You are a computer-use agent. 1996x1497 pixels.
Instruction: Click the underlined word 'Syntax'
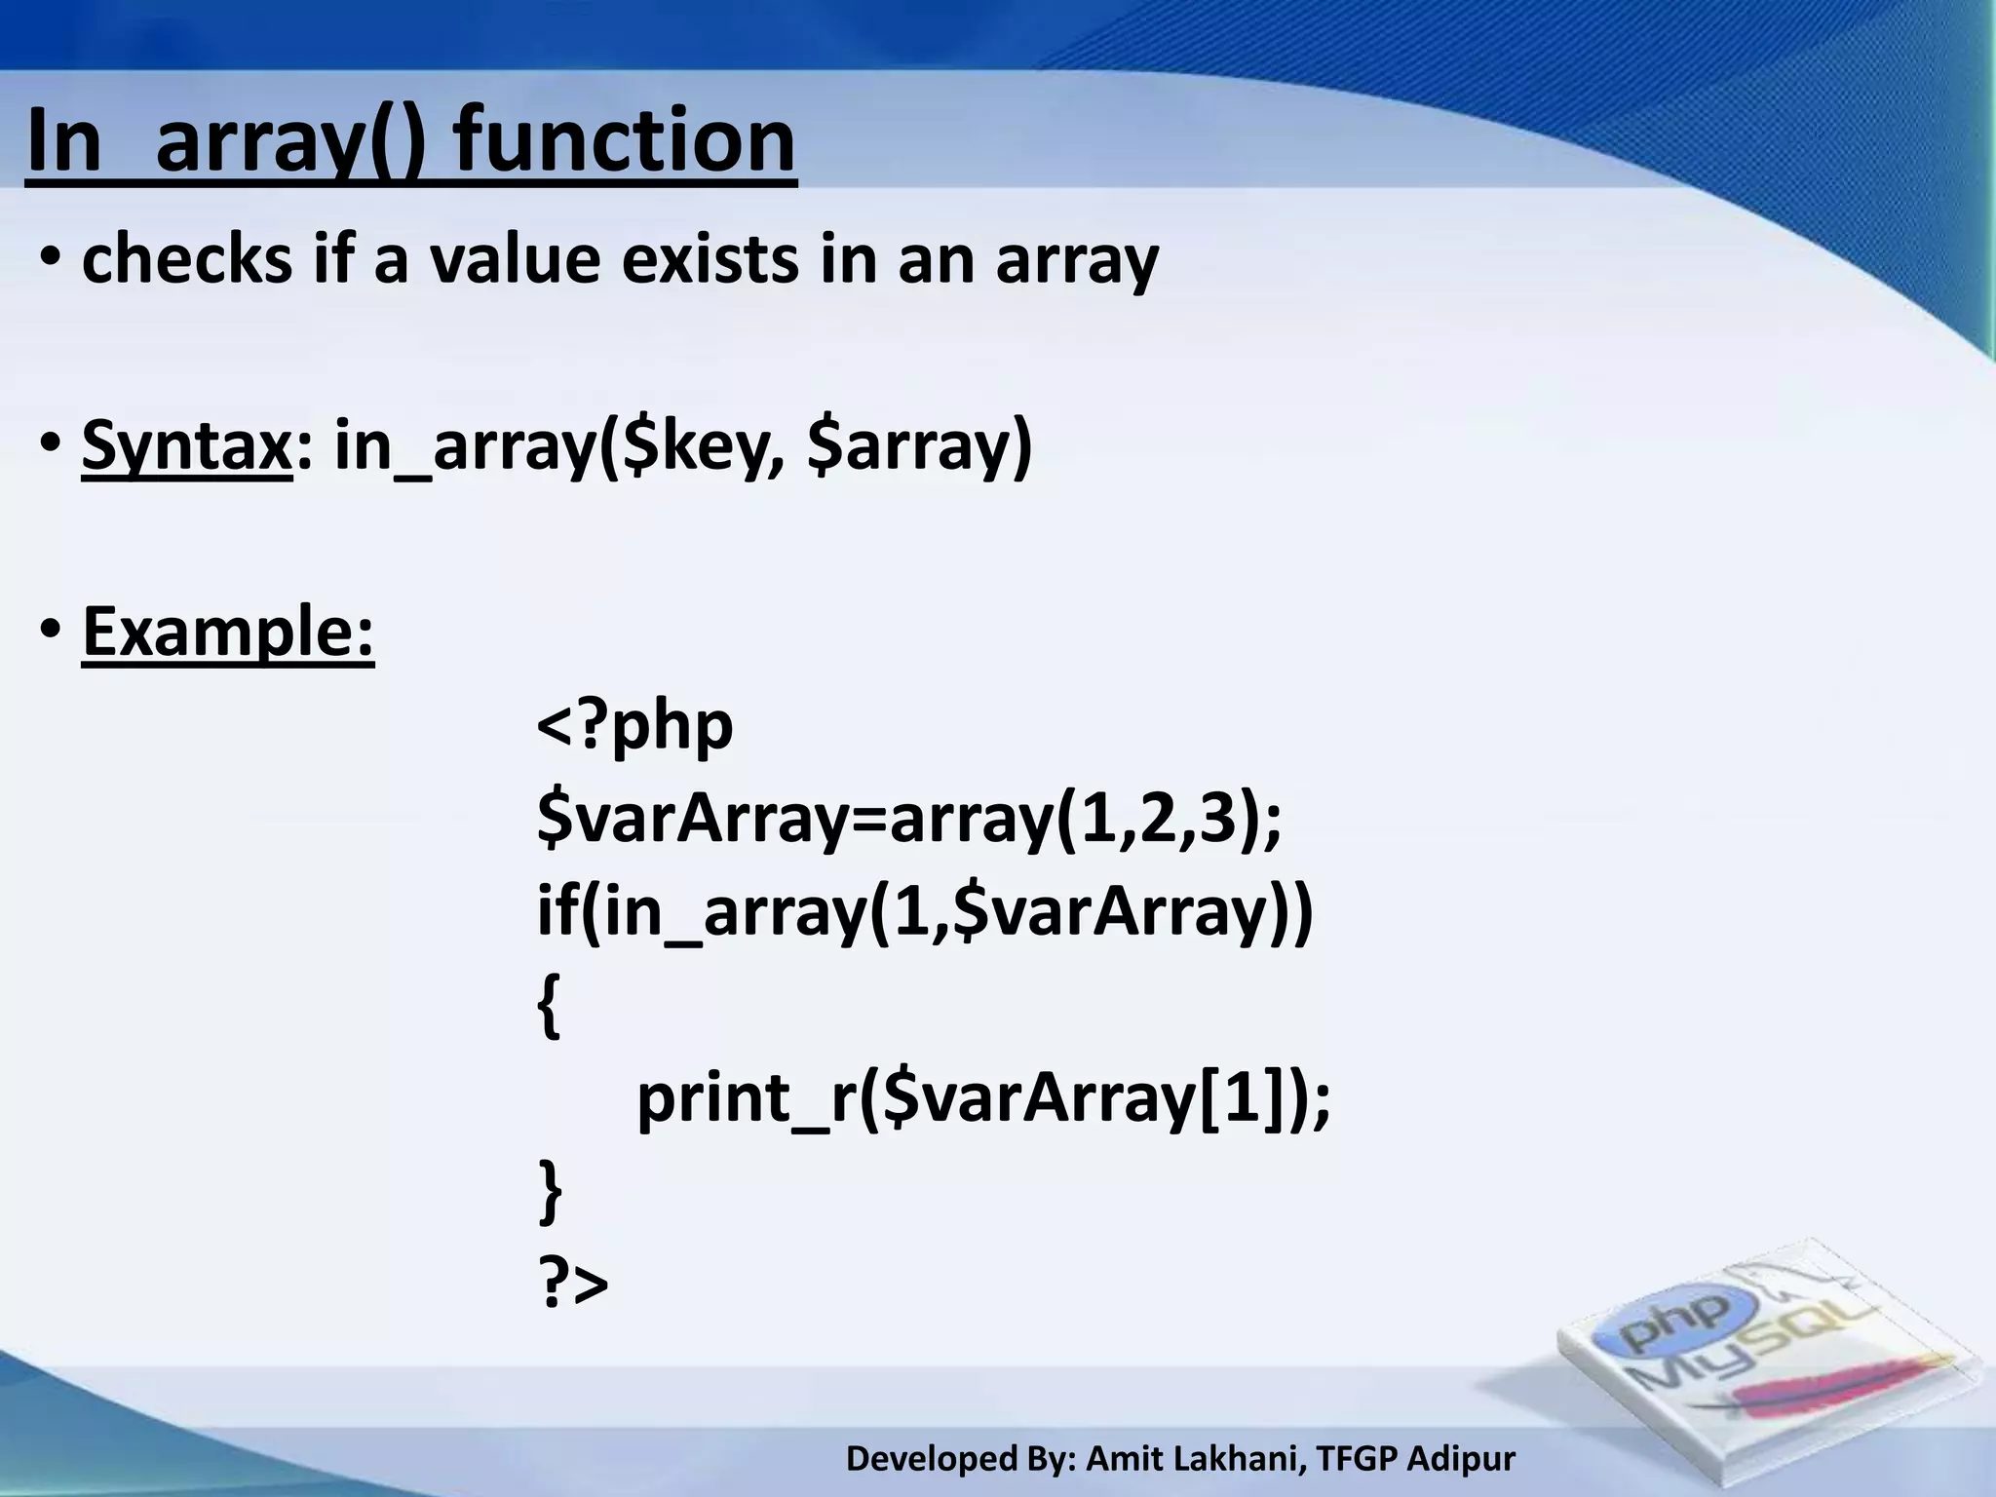coord(186,446)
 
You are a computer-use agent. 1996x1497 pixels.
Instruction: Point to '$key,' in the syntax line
coord(691,446)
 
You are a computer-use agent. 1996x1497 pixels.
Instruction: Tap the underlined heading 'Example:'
coord(228,632)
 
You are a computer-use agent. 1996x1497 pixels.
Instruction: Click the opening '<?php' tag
coord(634,726)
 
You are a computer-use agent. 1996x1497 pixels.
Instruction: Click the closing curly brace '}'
coord(550,1191)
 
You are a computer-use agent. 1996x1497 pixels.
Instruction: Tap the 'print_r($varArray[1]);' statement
coord(982,1098)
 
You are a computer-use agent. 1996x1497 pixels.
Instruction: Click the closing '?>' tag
coord(573,1284)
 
